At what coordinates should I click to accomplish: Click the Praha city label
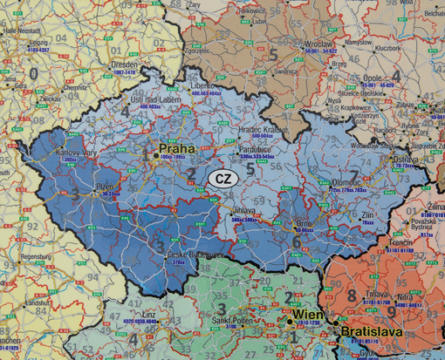(x=176, y=148)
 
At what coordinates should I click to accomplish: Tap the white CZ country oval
(x=222, y=179)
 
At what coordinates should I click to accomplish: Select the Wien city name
(x=306, y=314)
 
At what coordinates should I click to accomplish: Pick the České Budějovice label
(x=168, y=254)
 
